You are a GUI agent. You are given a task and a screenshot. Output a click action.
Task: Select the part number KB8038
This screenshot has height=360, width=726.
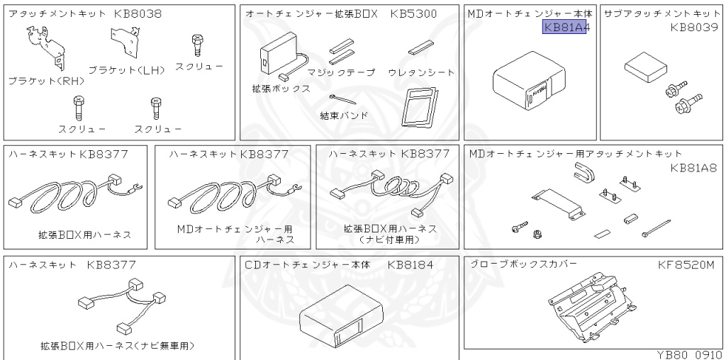tap(140, 14)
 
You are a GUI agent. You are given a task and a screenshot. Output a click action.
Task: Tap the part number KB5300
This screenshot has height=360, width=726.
tap(413, 14)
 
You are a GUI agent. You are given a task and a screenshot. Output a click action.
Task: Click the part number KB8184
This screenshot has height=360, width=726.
tap(412, 265)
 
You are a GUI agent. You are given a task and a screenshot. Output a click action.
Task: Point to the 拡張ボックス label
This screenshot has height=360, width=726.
tap(281, 89)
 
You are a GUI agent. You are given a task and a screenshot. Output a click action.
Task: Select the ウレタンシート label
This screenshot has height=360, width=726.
tap(421, 72)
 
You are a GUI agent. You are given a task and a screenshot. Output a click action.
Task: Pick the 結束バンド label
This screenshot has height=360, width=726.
tap(345, 114)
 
